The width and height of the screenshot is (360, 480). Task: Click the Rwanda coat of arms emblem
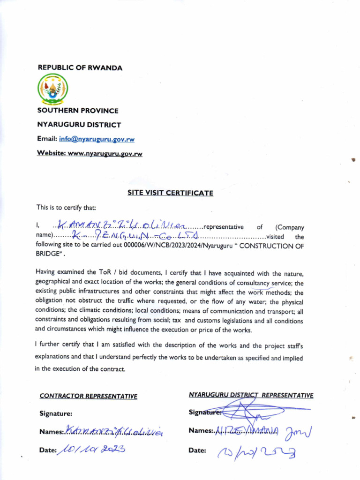pyautogui.click(x=52, y=89)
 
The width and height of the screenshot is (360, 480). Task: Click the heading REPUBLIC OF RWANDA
pyautogui.click(x=80, y=68)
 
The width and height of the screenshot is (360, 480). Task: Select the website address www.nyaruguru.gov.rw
pyautogui.click(x=105, y=154)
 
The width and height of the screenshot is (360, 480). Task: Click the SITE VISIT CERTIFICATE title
pyautogui.click(x=170, y=193)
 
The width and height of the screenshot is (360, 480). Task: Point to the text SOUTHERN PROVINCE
pyautogui.click(x=78, y=111)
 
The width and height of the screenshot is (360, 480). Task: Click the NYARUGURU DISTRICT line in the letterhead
pyautogui.click(x=79, y=125)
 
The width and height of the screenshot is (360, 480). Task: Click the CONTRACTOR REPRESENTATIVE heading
pyautogui.click(x=89, y=397)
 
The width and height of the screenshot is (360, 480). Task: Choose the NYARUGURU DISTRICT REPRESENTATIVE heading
pyautogui.click(x=251, y=395)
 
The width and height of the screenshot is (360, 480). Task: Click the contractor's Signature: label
pyautogui.click(x=56, y=414)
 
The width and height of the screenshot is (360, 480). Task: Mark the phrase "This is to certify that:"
pyautogui.click(x=66, y=207)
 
